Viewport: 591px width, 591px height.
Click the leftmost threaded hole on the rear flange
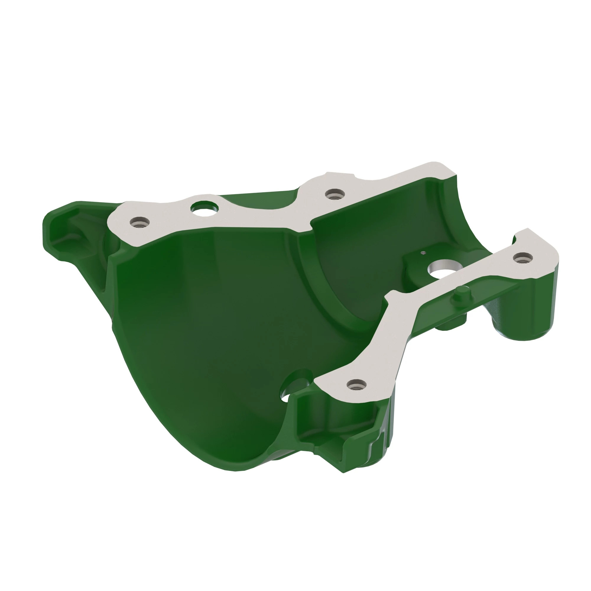point(139,223)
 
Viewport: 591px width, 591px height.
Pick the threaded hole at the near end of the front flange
point(357,385)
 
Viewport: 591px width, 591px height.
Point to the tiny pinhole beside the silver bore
point(423,253)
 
